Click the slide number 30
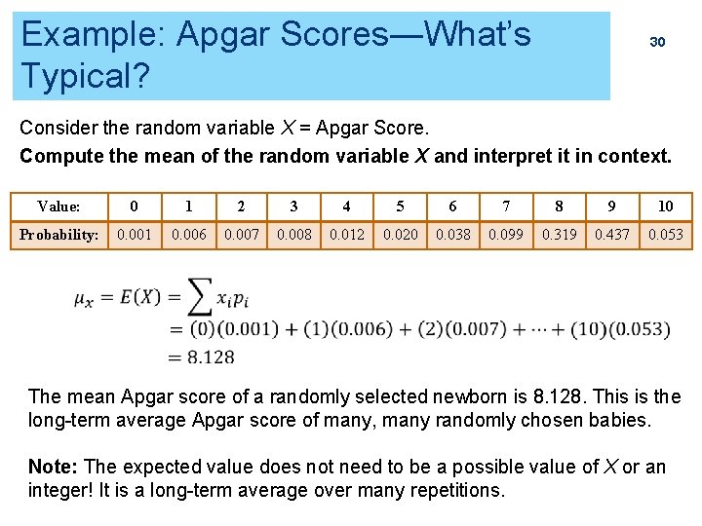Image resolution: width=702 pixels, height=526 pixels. click(657, 42)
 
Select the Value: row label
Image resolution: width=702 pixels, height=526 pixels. click(58, 207)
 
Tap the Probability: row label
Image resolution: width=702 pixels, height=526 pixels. click(58, 235)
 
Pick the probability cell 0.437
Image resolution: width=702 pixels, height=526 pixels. click(612, 235)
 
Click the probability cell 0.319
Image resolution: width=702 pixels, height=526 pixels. click(559, 235)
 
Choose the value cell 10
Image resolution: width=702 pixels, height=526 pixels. click(665, 207)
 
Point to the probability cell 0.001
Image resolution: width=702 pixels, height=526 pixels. click(134, 235)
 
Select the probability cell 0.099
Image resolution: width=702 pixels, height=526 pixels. click(505, 235)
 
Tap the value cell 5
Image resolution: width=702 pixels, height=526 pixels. click(400, 207)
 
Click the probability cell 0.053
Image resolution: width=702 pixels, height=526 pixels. click(665, 235)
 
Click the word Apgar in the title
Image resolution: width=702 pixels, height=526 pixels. click(222, 34)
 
